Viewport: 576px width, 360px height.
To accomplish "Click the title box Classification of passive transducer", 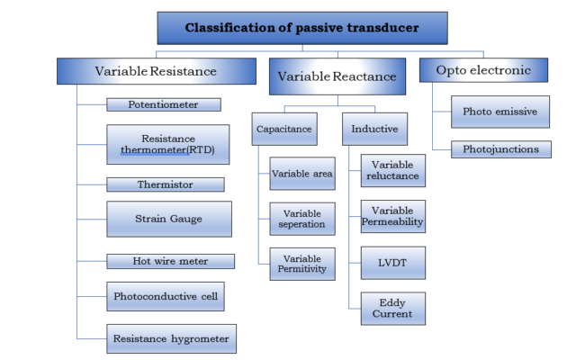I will point(301,28).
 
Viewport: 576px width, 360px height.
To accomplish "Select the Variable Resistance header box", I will point(156,71).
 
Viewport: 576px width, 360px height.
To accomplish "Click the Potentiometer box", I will point(164,104).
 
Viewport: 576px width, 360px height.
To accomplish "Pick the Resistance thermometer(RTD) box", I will point(167,143).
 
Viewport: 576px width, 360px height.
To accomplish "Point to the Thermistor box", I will point(164,184).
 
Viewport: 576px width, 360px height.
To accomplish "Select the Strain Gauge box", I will point(168,219).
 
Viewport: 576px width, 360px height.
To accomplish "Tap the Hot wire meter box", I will point(170,261).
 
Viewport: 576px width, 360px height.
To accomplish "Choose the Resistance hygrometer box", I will point(171,338).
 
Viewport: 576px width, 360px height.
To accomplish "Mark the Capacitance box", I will point(283,129).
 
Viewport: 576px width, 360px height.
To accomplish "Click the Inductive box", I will point(374,129).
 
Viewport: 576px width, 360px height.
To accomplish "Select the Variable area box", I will point(302,172).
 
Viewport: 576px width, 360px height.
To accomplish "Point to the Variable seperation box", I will point(302,219).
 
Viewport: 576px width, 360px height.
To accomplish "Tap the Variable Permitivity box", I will point(302,263).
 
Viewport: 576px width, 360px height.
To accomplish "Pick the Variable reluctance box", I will point(392,171).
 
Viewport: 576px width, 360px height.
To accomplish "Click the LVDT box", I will point(392,262).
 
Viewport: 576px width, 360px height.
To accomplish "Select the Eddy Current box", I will point(392,308).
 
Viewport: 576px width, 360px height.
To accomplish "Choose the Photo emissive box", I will point(499,112).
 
